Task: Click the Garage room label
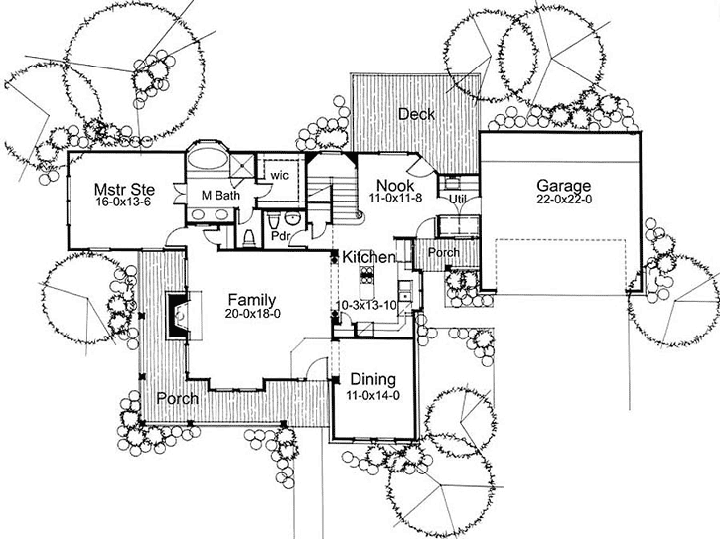pos(564,186)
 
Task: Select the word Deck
pos(417,115)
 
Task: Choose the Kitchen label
pos(369,257)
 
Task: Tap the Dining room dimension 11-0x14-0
pos(372,395)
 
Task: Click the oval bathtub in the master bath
pos(208,161)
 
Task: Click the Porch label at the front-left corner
pos(176,398)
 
